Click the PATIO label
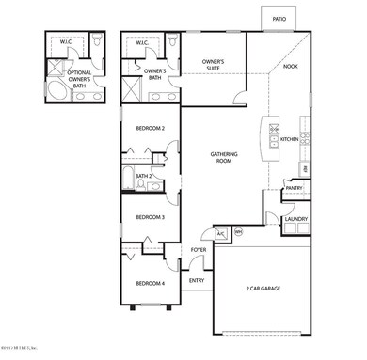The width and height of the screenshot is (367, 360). (279, 18)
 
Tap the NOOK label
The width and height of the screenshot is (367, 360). (291, 67)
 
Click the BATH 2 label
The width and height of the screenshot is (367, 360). (143, 176)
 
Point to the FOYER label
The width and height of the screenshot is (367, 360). (199, 250)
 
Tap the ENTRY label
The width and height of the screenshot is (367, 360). (197, 280)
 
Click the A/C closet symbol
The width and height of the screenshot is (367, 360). (221, 232)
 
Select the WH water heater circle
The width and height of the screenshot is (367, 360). (238, 231)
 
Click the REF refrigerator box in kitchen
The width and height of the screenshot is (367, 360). (302, 168)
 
